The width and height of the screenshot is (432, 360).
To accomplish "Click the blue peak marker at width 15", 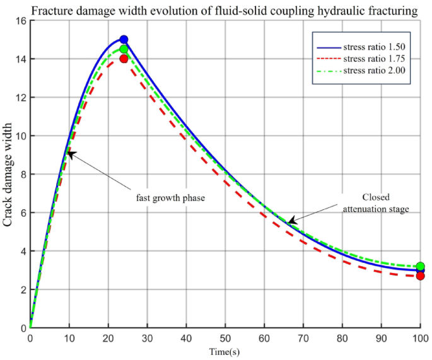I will click(124, 40).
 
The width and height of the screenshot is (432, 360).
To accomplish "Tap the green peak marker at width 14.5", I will click(124, 49).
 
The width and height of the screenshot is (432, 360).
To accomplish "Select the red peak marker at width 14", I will click(124, 59).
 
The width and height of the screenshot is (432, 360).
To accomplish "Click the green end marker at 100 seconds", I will click(421, 266).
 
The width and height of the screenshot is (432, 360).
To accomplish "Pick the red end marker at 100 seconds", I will click(421, 276).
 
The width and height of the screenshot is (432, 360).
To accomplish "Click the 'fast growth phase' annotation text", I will click(170, 197).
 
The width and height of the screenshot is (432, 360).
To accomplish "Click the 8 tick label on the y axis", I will click(20, 174).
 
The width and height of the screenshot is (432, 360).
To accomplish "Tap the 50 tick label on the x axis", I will click(225, 339).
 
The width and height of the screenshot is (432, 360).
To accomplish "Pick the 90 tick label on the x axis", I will click(381, 339).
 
